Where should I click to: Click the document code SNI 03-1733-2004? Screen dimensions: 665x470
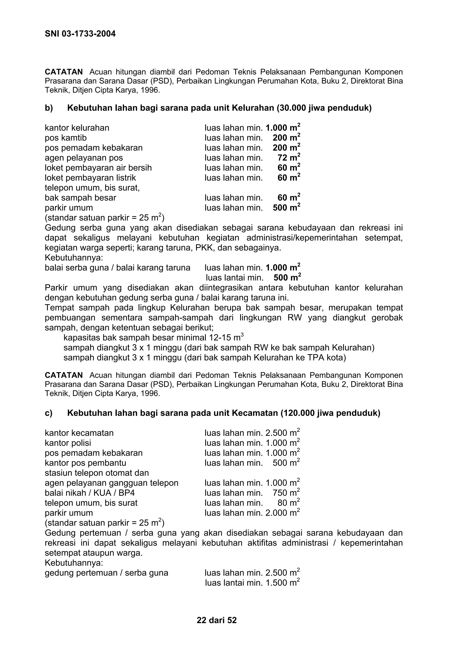coord(80,34)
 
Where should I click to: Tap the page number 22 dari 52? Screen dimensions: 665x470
coord(217,620)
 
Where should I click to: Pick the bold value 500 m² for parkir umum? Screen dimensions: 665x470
coord(286,208)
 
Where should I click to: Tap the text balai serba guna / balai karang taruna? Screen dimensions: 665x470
coord(117,267)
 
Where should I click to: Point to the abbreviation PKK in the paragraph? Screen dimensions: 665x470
coord(204,248)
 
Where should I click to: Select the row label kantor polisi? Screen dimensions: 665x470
coord(68,443)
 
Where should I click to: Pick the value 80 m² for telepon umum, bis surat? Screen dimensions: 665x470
coord(288,503)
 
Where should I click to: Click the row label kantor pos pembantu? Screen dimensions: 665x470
coord(85,463)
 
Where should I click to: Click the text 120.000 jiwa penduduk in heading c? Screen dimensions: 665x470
coord(330,413)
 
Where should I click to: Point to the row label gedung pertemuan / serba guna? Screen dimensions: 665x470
coord(106,573)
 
